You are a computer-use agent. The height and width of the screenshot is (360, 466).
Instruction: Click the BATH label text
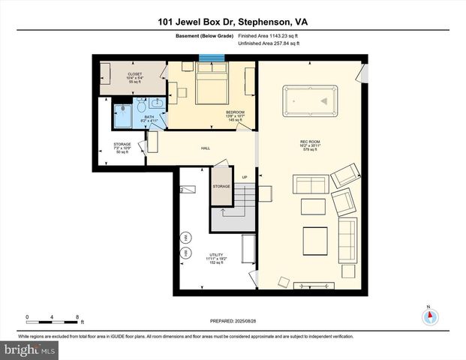(x=150, y=115)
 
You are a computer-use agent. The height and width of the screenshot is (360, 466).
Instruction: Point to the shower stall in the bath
(x=123, y=117)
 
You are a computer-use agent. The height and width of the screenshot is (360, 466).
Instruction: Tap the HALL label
(x=205, y=148)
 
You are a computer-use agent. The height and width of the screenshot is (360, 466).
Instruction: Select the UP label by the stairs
(x=245, y=176)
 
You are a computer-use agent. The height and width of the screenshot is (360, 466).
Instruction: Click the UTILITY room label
(x=215, y=255)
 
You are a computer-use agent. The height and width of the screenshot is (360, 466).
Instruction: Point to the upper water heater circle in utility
(x=186, y=238)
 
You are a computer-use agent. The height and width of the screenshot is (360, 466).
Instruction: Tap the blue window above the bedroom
(x=212, y=58)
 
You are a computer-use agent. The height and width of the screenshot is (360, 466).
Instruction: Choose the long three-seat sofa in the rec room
(x=347, y=240)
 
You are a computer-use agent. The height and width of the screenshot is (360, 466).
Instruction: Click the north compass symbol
(x=428, y=316)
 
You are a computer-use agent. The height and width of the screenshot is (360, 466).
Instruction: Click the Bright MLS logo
(x=29, y=350)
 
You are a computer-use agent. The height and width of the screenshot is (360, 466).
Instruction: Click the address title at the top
(x=233, y=22)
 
